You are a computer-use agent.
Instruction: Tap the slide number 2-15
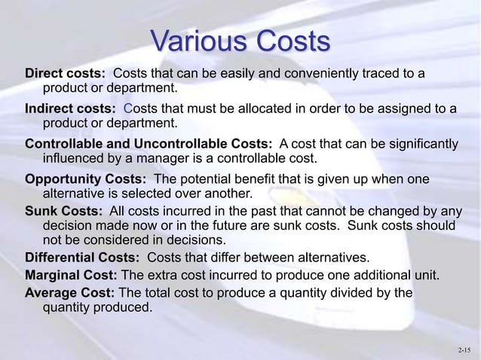pos(465,350)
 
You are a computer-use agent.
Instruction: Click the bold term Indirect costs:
pos(70,109)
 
